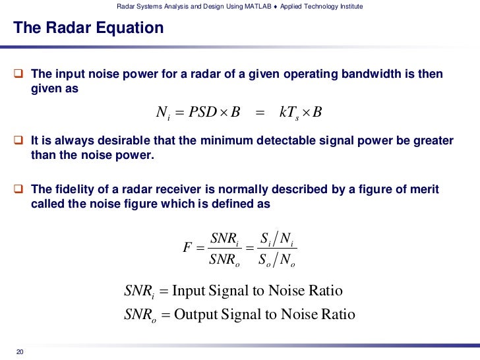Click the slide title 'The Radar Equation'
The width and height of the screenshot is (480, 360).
[88, 28]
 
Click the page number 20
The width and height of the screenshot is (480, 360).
[20, 350]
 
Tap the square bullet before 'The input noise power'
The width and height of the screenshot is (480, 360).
[19, 74]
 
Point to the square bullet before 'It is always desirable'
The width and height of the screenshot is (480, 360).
[19, 140]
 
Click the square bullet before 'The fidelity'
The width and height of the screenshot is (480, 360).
[19, 190]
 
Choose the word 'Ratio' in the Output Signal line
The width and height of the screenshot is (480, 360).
[337, 315]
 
